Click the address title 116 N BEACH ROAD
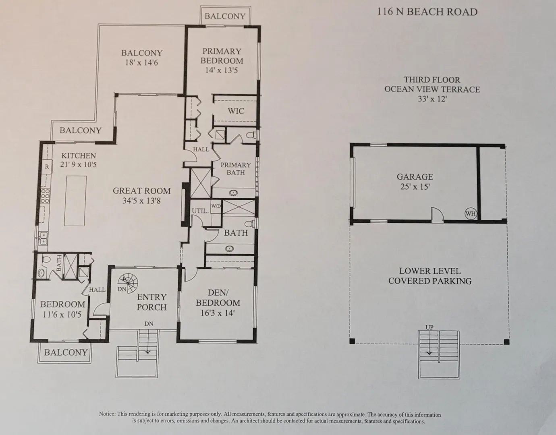[427, 12]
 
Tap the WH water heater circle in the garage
[471, 213]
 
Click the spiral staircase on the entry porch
[128, 283]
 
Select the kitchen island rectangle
[75, 201]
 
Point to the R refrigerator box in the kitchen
[47, 167]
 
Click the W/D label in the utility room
[216, 205]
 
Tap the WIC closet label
[236, 111]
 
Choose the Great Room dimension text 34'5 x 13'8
[141, 201]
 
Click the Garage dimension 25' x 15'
[415, 186]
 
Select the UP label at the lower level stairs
[429, 327]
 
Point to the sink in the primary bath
[233, 193]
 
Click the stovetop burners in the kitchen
[45, 196]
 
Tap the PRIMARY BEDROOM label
[222, 56]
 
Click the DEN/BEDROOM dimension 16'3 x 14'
[218, 313]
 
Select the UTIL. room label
[200, 211]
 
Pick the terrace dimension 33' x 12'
[432, 99]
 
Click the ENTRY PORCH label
[152, 302]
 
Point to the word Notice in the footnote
[108, 414]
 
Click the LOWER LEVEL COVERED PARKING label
[430, 276]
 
